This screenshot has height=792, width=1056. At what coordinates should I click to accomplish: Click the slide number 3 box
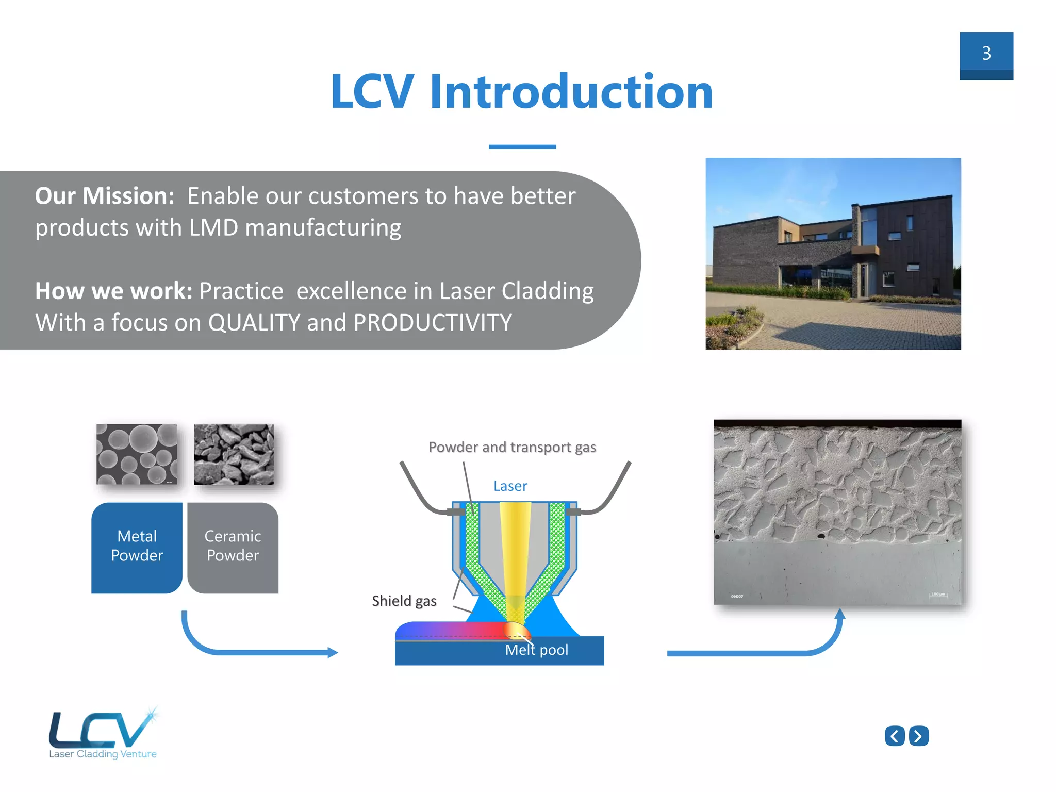tap(986, 56)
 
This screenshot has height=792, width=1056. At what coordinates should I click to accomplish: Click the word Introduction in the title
tap(571, 92)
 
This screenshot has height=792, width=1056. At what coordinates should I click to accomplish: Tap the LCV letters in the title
tap(372, 92)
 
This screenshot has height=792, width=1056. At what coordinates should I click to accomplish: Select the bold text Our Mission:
tap(105, 196)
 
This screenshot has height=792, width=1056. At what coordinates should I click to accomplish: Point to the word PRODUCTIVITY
tap(433, 323)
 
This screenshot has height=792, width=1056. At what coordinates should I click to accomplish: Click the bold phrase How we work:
tap(113, 291)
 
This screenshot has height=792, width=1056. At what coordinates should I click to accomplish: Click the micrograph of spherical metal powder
tap(137, 454)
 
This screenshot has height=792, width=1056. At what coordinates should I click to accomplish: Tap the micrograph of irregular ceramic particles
tap(234, 454)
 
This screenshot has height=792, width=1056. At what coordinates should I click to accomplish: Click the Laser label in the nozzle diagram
tap(510, 486)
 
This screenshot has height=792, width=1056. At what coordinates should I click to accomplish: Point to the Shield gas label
tap(404, 601)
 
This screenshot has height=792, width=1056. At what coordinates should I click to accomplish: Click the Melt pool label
tap(536, 650)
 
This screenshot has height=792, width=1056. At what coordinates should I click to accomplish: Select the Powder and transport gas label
tap(512, 447)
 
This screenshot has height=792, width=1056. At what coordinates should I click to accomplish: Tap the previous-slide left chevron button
tap(895, 736)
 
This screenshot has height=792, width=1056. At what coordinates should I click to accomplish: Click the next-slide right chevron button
tap(918, 736)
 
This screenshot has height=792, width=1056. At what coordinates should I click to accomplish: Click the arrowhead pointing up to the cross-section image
tap(840, 614)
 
